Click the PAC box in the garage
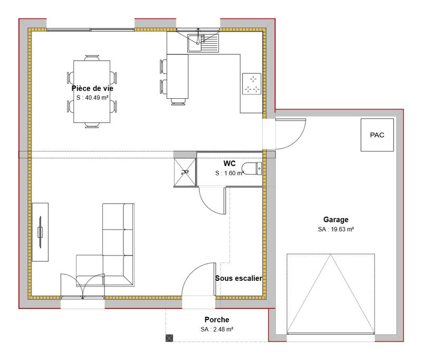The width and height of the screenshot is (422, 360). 377,135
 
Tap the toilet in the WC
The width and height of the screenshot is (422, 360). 251,168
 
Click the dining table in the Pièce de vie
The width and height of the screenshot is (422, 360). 92,92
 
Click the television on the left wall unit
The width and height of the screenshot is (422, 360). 40,231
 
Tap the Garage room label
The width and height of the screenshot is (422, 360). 335,220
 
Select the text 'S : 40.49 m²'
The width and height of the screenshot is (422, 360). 92,98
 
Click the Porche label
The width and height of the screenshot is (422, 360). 217,319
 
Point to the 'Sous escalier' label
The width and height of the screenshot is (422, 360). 238,278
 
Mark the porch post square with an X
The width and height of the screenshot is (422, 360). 169,338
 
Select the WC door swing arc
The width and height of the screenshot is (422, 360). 211,201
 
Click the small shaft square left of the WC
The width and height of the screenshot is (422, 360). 185,169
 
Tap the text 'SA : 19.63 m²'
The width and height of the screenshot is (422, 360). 335,229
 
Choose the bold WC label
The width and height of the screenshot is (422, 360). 229,164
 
